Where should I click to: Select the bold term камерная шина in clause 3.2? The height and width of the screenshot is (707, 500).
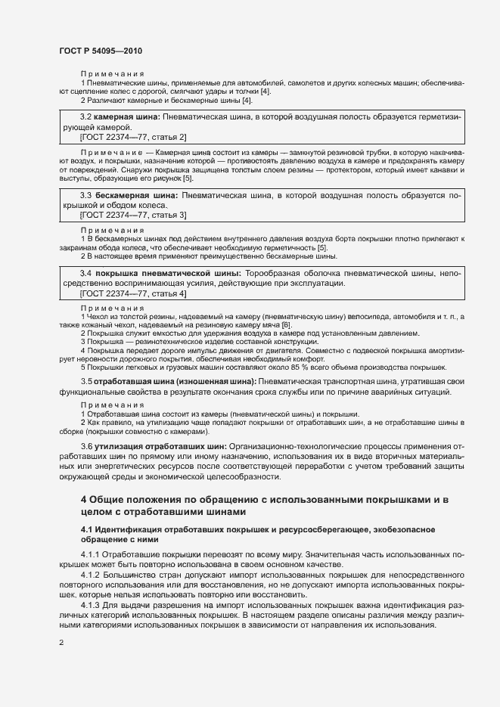click(126, 117)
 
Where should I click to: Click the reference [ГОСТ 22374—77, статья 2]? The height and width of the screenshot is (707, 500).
click(133, 137)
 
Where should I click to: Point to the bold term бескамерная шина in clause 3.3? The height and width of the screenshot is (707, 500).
click(135, 195)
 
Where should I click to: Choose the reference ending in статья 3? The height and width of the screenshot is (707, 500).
click(133, 215)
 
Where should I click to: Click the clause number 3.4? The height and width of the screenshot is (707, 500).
click(86, 273)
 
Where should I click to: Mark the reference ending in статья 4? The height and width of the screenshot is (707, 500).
click(133, 293)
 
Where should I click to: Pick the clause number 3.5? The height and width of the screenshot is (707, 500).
click(86, 381)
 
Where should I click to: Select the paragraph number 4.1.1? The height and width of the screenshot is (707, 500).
click(90, 556)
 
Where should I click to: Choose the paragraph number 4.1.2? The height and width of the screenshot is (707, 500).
click(90, 575)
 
